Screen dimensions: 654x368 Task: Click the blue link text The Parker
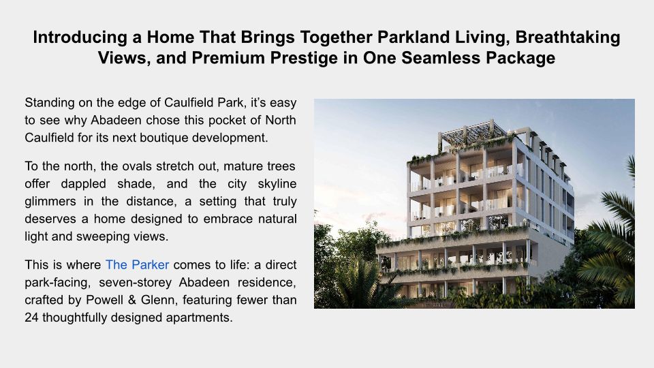point(137,264)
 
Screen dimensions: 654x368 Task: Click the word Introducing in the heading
point(80,37)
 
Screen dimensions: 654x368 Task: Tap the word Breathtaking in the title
point(568,37)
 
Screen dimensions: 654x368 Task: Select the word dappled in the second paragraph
point(83,184)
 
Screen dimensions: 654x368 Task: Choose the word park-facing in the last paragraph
point(57,283)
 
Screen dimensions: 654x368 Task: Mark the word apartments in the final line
point(199,318)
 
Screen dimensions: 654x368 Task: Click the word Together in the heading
point(336,37)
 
